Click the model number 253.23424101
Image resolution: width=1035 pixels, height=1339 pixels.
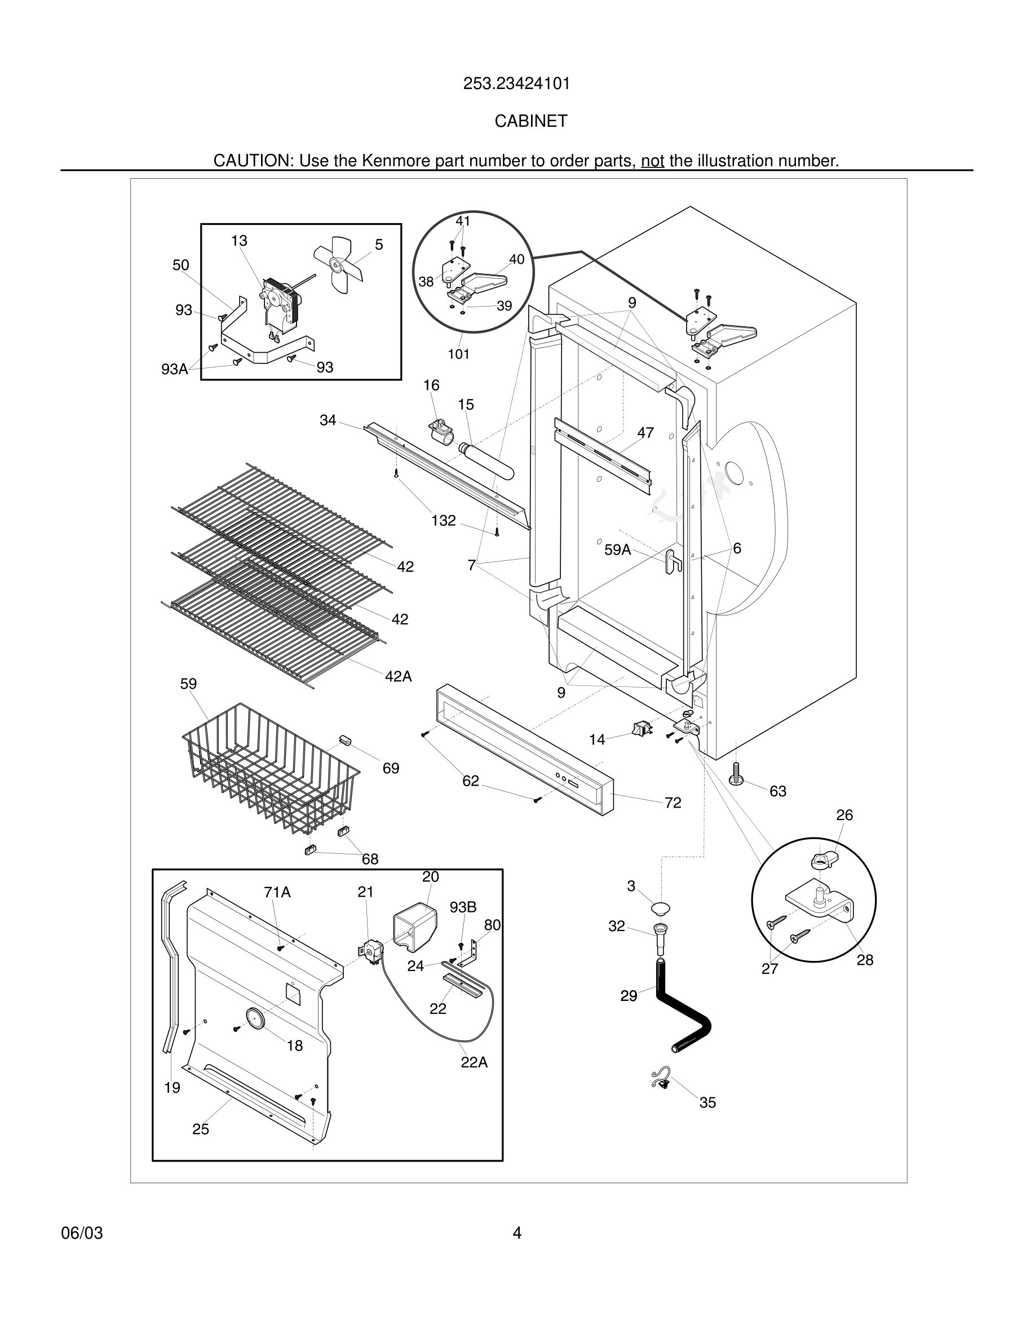tap(516, 83)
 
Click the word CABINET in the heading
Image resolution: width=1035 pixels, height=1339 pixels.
tap(530, 121)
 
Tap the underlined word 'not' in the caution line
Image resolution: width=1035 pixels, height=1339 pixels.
tap(652, 161)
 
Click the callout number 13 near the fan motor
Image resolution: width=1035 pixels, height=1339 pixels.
tap(239, 241)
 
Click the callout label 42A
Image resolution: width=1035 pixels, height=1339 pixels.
tap(398, 676)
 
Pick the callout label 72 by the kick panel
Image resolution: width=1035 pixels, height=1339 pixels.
tap(673, 802)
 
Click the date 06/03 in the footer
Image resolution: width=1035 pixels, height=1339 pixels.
tap(82, 1233)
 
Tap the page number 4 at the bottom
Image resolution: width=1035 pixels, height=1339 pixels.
tap(517, 1233)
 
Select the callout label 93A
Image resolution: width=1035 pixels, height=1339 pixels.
tap(174, 369)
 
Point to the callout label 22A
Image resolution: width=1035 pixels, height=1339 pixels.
tap(474, 1062)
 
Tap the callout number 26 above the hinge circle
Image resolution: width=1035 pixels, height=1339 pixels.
tap(844, 815)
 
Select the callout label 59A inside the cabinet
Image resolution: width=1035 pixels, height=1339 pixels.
tap(617, 550)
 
